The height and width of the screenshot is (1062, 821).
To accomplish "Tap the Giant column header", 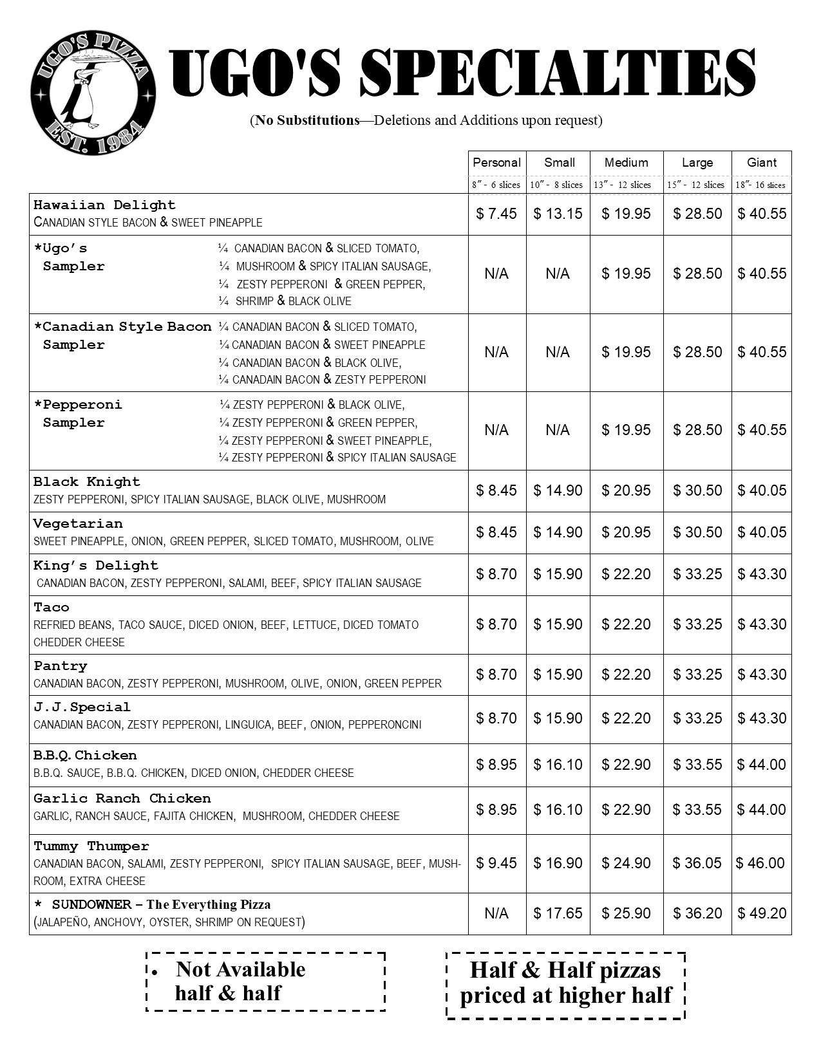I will point(761,163).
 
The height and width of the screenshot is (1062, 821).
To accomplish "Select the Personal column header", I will point(496,163).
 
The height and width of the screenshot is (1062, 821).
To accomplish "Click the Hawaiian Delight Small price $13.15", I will point(558,214).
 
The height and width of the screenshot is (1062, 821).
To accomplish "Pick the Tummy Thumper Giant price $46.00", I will point(760,863).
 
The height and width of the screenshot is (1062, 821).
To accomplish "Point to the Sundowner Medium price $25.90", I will point(626,913).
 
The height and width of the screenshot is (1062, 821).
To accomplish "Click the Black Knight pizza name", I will point(87,482).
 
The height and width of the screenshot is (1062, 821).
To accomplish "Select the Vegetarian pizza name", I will point(78,524).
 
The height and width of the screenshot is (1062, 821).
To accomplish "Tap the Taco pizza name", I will point(52,608).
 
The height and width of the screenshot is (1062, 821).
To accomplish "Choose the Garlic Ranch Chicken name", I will point(122,799).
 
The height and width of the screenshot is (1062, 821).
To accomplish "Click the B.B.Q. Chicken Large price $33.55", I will point(697,765).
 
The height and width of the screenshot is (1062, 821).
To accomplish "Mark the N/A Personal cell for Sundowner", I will point(496,913).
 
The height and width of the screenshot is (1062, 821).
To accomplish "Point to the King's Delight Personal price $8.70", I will point(496,574).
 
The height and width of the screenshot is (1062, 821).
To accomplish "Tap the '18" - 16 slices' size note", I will point(761,185).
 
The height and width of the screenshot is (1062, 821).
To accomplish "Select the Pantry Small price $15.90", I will point(558,675).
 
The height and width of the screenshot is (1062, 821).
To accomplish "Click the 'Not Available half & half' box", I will point(265,982).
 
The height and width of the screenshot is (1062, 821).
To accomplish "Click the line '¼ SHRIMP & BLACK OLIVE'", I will point(285,301).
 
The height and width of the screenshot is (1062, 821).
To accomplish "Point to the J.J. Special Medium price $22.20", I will point(626,718).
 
